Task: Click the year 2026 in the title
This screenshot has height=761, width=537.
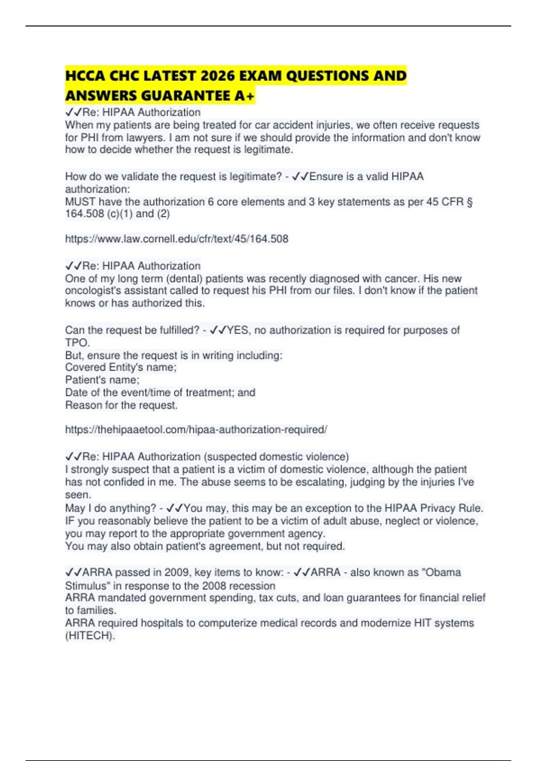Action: [218, 76]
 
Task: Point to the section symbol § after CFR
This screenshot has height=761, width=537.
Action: [469, 202]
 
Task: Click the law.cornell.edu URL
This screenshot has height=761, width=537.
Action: [177, 239]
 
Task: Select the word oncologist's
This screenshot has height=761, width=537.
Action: [92, 291]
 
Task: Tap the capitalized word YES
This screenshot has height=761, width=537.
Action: [237, 330]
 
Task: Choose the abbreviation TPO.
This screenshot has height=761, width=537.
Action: [77, 343]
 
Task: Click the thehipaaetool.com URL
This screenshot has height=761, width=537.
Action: [196, 430]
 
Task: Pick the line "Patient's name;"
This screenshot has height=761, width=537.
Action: [102, 380]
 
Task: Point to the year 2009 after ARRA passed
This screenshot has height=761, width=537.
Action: [177, 573]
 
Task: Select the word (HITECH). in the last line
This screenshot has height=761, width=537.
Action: [90, 636]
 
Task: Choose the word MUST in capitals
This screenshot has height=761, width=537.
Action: [80, 202]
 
